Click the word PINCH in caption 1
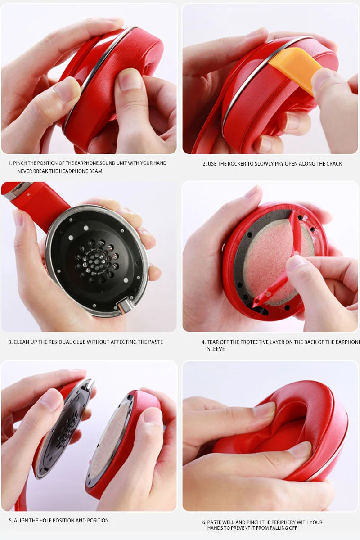click(x=22, y=163)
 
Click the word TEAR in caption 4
click(x=214, y=342)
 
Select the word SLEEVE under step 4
click(x=216, y=349)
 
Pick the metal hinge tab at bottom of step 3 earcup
click(x=126, y=306)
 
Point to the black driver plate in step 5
click(x=63, y=427)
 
